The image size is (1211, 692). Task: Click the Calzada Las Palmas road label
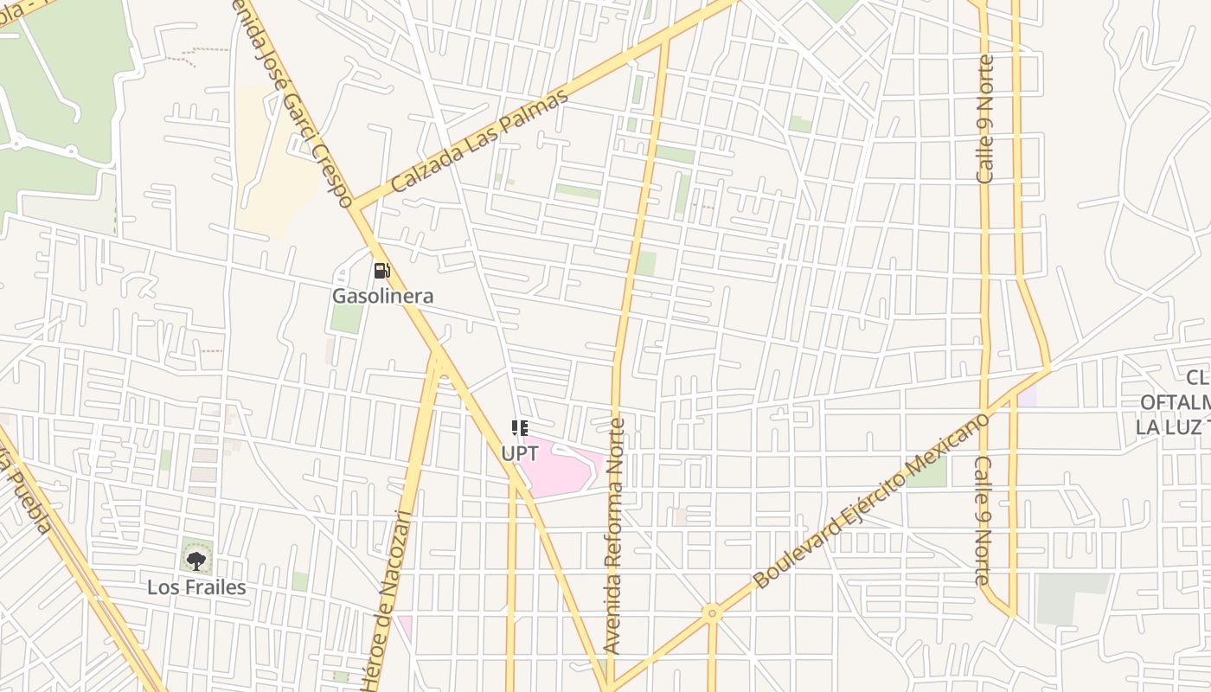click(x=479, y=140)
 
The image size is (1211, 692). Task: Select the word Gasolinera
click(x=382, y=296)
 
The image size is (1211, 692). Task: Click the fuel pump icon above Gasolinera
click(x=381, y=271)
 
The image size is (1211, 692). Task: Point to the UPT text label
click(x=519, y=453)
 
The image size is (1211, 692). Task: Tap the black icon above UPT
click(x=519, y=428)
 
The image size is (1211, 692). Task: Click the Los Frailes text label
click(x=196, y=587)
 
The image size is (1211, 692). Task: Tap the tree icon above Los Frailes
click(x=196, y=560)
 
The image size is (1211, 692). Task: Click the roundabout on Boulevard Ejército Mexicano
click(x=712, y=613)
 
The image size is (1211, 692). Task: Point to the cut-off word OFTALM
click(x=1173, y=402)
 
